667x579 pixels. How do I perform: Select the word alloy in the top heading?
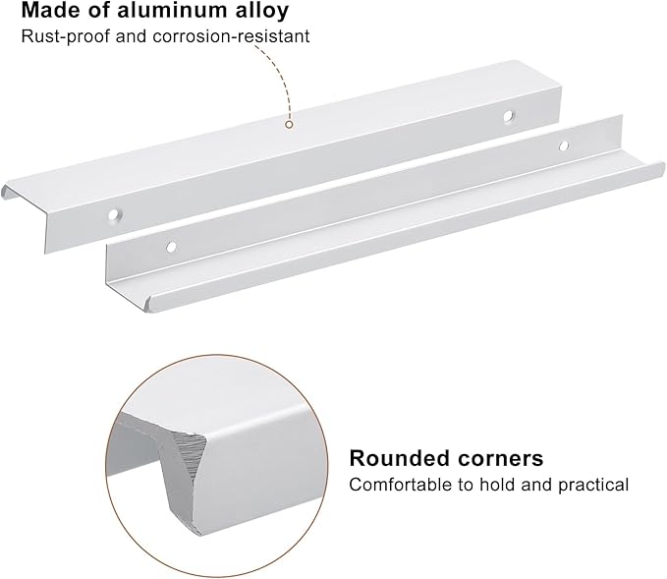click(x=262, y=11)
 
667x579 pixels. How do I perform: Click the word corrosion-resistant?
click(x=232, y=36)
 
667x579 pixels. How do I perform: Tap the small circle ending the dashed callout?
click(x=289, y=125)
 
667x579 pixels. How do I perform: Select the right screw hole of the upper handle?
click(x=508, y=116)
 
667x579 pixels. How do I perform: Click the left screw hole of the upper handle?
click(x=114, y=215)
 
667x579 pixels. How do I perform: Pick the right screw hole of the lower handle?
click(x=564, y=146)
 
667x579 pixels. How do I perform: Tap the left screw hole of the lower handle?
click(x=171, y=247)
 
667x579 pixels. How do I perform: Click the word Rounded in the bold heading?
click(x=399, y=458)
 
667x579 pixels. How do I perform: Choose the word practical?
click(x=593, y=486)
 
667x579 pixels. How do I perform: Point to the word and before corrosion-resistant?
click(x=131, y=36)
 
